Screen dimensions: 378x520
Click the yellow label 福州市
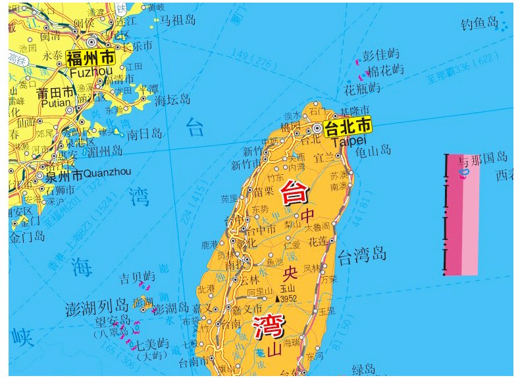tap(90, 57)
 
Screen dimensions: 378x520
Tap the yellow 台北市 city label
tap(348, 125)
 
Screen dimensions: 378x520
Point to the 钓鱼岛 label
tap(480, 23)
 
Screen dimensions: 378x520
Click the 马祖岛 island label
tap(178, 20)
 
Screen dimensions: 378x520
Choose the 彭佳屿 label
tap(381, 54)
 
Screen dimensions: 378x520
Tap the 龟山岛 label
tap(373, 150)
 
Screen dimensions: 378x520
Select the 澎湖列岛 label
tap(97, 307)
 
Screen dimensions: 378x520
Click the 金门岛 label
tap(27, 236)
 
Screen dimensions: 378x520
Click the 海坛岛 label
tap(172, 99)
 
